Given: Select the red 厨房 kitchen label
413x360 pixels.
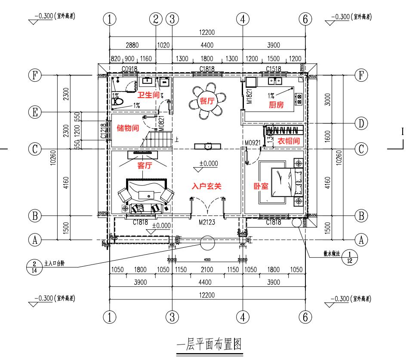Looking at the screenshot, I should pyautogui.click(x=277, y=105).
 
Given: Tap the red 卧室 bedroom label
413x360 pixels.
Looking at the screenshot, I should pyautogui.click(x=261, y=186).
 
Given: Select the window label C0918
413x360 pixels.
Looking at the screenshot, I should pyautogui.click(x=129, y=69).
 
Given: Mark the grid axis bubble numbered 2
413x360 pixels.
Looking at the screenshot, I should pyautogui.click(x=156, y=19).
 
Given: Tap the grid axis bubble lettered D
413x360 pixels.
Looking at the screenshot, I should pyautogui.click(x=361, y=123).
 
